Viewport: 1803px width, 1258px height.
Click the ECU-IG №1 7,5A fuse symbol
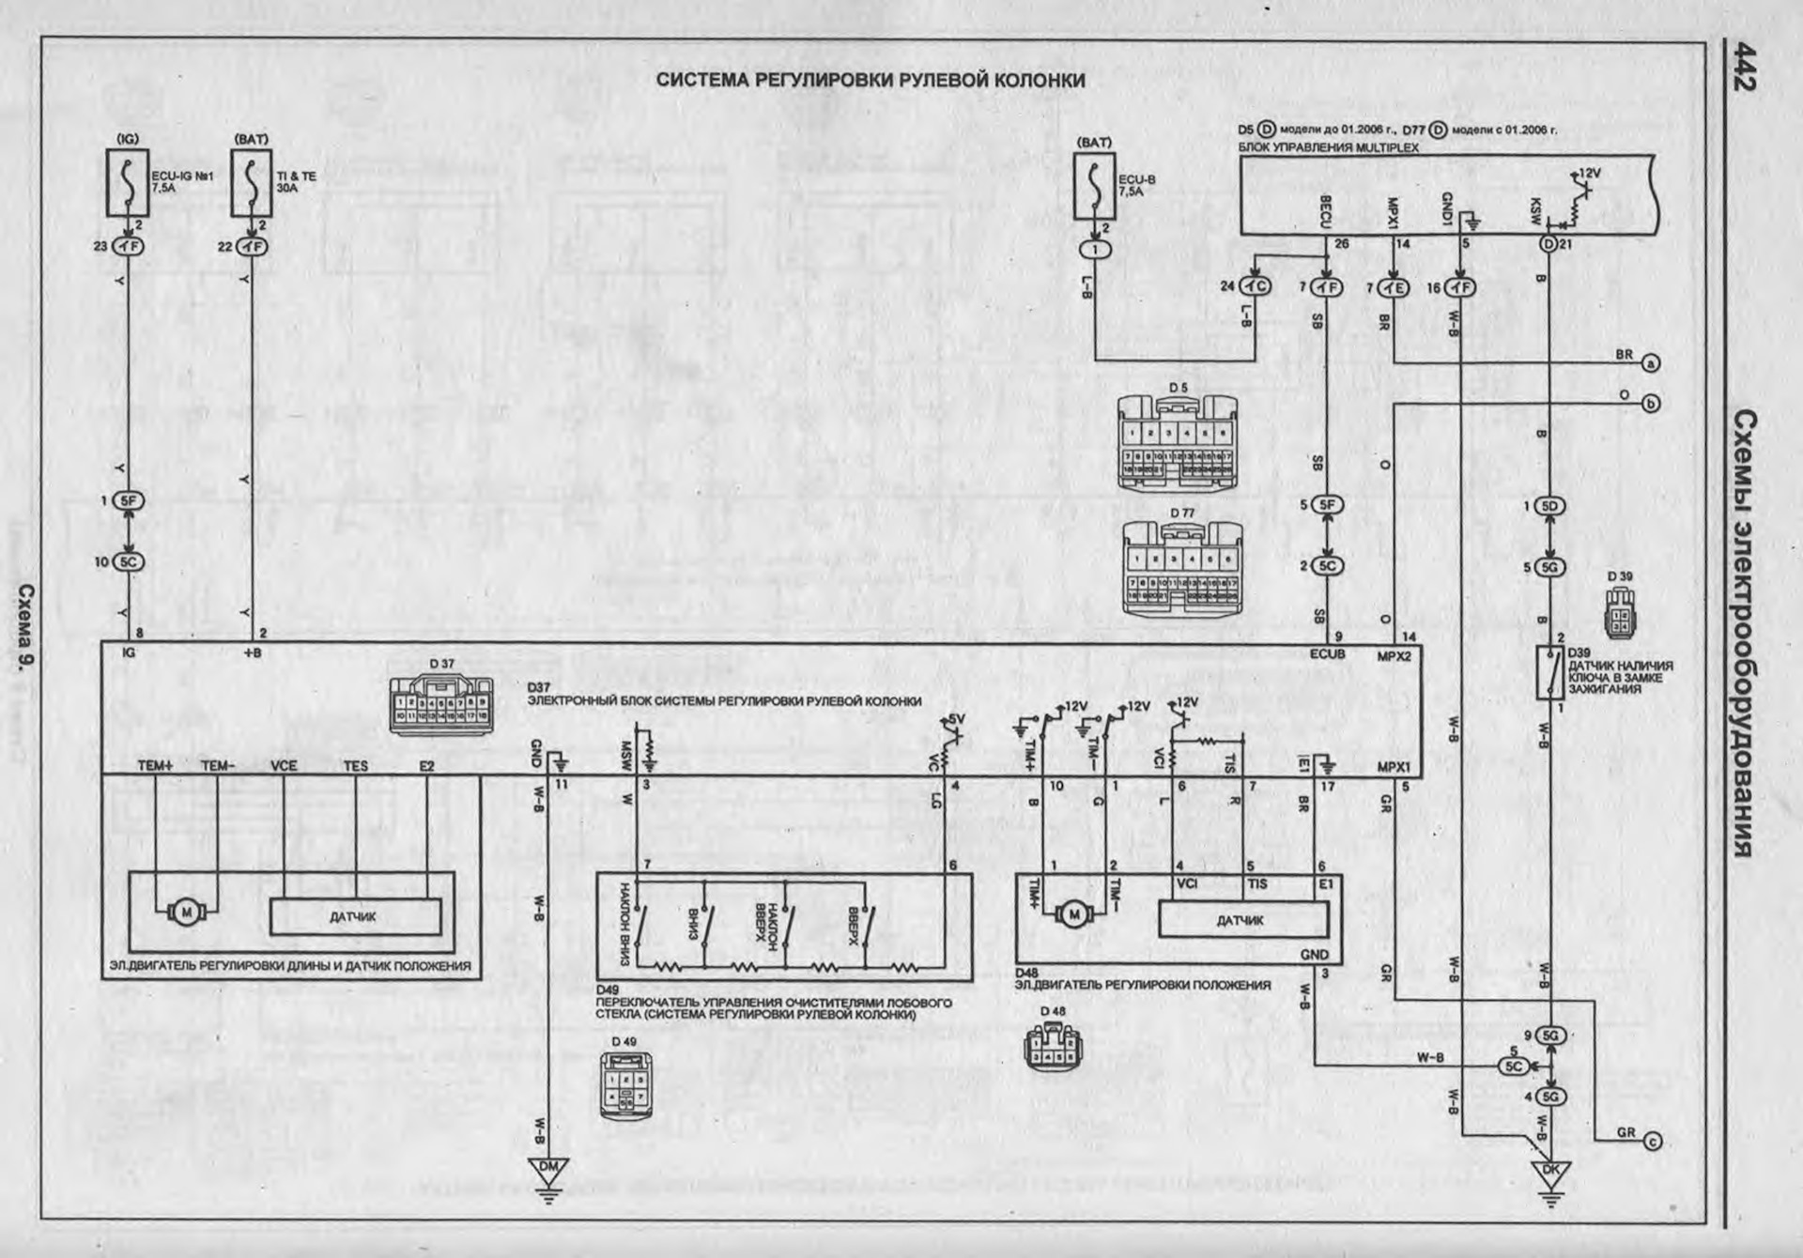click(x=128, y=182)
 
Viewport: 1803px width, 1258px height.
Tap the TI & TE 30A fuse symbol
click(x=252, y=182)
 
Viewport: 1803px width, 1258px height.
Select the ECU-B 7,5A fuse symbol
click(x=1094, y=186)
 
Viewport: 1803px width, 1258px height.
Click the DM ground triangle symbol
click(x=549, y=1170)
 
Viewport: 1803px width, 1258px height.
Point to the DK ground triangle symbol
click(x=1550, y=1173)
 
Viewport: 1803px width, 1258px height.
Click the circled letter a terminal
click(x=1650, y=363)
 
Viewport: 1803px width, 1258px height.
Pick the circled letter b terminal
click(x=1650, y=404)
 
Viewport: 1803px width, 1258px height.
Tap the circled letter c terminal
click(x=1652, y=1142)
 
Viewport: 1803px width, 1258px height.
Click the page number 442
click(x=1745, y=68)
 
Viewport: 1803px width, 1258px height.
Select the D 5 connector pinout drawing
click(x=1177, y=442)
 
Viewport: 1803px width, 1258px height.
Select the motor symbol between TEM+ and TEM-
click(x=185, y=911)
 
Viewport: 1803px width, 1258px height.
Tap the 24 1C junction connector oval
click(x=1255, y=286)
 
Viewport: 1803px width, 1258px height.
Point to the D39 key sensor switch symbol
click(x=1549, y=672)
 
